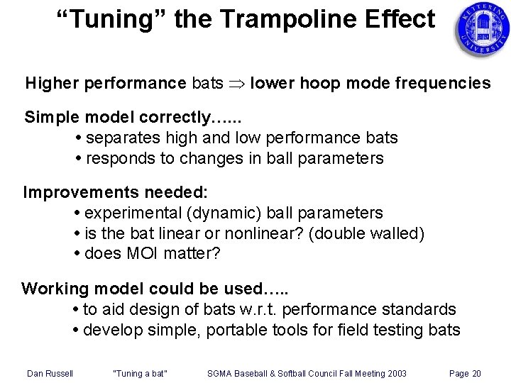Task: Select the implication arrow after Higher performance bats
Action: coord(238,84)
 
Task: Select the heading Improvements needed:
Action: coord(114,192)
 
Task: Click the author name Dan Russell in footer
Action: coord(50,373)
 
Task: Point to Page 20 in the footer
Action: coord(466,373)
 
